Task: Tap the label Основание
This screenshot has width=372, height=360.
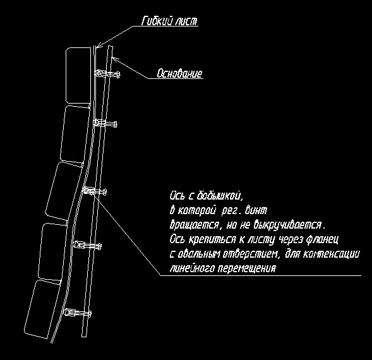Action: pos(179,73)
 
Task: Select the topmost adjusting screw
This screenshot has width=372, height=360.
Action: pos(107,73)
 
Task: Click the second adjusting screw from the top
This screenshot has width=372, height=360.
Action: pos(105,123)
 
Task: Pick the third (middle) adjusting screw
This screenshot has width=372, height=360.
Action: pos(95,191)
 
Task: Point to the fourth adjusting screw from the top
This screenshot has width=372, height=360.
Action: pos(88,246)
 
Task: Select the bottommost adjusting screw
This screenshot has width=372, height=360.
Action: pos(77,313)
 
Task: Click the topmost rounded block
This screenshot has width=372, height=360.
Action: pos(78,75)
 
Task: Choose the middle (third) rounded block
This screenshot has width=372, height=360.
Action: pos(64,191)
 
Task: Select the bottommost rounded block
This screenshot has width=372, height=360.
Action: pos(42,309)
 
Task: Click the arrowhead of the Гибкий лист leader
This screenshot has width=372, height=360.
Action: pos(99,45)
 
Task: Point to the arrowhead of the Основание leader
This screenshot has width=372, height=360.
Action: pos(114,59)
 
